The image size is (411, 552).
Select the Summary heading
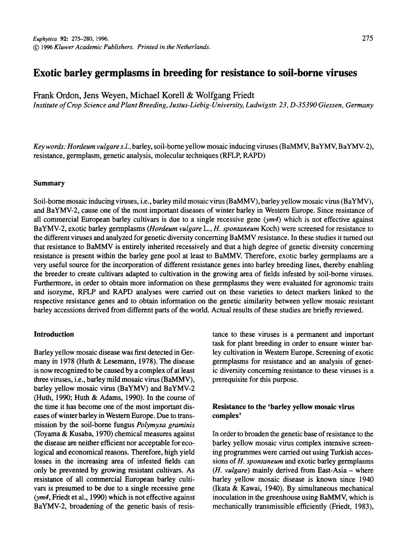point(49,183)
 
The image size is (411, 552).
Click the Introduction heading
point(54,334)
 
